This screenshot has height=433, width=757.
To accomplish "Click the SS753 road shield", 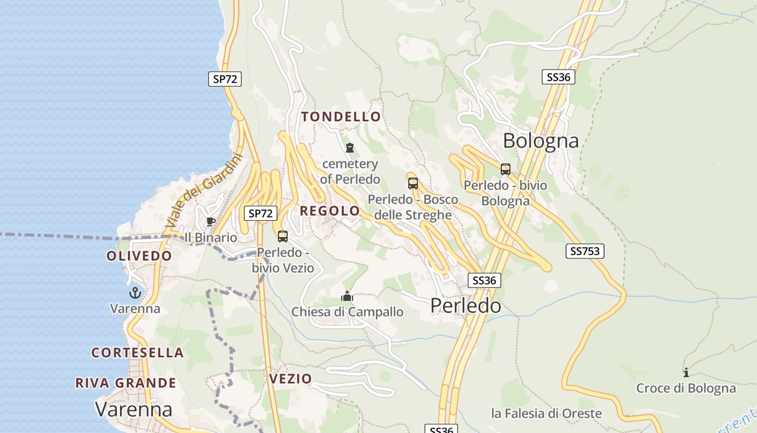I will [x=585, y=251].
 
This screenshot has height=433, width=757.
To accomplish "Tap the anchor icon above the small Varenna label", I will [x=135, y=293].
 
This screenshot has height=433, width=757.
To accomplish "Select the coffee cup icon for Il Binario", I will [x=210, y=221].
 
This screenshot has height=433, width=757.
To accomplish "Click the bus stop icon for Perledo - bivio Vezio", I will [x=283, y=236].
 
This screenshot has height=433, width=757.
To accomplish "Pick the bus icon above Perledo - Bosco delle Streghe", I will [x=413, y=183].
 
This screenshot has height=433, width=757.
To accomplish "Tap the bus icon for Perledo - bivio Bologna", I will [x=505, y=169].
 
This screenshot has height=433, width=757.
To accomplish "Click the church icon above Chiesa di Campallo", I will [x=347, y=296].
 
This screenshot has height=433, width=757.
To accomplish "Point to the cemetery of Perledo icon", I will [x=350, y=147].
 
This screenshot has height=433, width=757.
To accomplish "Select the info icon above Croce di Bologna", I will [x=686, y=372].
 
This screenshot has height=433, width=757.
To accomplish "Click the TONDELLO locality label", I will [x=341, y=117].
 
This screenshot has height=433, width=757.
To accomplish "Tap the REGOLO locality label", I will [x=330, y=211].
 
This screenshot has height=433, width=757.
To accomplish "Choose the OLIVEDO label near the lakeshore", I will [x=139, y=256].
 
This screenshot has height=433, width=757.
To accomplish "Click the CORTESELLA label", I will [x=137, y=353].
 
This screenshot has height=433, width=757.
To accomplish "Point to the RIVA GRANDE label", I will [x=125, y=383].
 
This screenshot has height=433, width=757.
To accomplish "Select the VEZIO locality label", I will [x=290, y=378].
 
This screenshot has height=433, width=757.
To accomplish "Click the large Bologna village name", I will [x=541, y=141].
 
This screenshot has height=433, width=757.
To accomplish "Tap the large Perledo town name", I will [x=466, y=306].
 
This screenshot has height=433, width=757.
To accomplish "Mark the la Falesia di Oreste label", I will [x=546, y=414].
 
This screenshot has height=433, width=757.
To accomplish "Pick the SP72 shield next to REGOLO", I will [x=260, y=213].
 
